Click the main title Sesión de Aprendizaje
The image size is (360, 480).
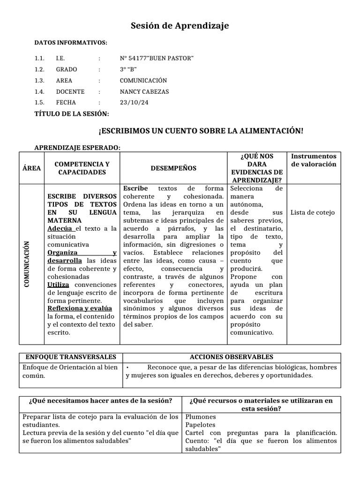[x=180, y=26]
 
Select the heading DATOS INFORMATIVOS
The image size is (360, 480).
[x=71, y=43]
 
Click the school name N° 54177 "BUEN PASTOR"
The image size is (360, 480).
[x=157, y=58]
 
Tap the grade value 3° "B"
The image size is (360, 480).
[x=128, y=69]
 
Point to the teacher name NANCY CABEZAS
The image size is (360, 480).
[x=144, y=92]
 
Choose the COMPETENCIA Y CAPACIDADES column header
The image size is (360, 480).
[x=82, y=168]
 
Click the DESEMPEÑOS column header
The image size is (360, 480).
[x=173, y=168]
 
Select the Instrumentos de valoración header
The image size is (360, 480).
[x=314, y=160]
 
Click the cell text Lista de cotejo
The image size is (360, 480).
[x=313, y=213]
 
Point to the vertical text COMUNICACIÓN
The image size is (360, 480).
[x=26, y=264]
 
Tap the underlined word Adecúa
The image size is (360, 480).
[x=61, y=228]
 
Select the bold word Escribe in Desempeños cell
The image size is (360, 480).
[x=135, y=188]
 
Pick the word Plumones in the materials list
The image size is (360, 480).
[x=201, y=416]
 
